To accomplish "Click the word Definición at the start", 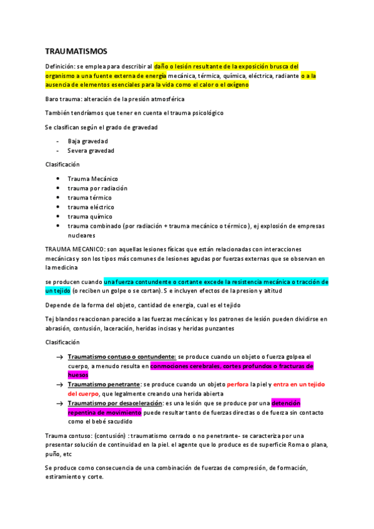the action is pyautogui.click(x=60, y=66).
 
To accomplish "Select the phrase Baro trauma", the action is pyautogui.click(x=62, y=99).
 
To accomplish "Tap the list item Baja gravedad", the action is pyautogui.click(x=87, y=141).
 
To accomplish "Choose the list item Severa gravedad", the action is pyautogui.click(x=91, y=150).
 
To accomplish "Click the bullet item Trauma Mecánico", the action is pyautogui.click(x=92, y=178).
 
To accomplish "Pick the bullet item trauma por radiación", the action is pyautogui.click(x=97, y=188).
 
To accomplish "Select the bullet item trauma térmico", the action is pyautogui.click(x=90, y=197).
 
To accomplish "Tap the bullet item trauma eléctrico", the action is pyautogui.click(x=91, y=206).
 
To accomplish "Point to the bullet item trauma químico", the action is pyautogui.click(x=90, y=216).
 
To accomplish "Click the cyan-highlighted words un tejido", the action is pyautogui.click(x=57, y=291).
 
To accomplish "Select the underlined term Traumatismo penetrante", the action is pyautogui.click(x=104, y=385).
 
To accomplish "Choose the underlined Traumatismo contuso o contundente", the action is pyautogui.click(x=122, y=357).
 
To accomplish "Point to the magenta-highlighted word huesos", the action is pyautogui.click(x=78, y=376).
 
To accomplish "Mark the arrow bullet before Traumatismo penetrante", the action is pyautogui.click(x=59, y=385).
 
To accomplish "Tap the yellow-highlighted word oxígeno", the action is pyautogui.click(x=237, y=85).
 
